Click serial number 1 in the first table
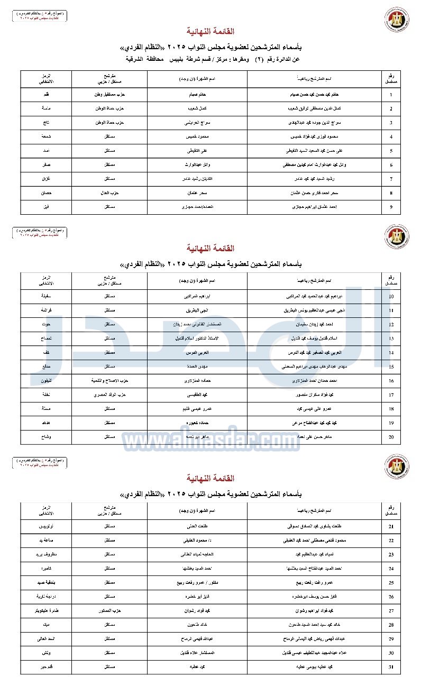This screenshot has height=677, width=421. tap(391, 95)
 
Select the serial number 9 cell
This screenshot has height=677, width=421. tap(391, 206)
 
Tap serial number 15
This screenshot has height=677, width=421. tap(391, 366)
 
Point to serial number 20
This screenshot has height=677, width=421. tap(391, 436)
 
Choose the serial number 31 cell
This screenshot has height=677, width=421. tap(391, 666)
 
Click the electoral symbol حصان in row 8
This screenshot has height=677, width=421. tap(46, 193)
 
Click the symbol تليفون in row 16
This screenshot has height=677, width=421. tap(46, 380)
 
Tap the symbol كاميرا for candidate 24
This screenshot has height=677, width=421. tap(46, 569)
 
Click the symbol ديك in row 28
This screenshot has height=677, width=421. tap(46, 624)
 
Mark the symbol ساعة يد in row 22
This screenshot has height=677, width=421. tap(46, 541)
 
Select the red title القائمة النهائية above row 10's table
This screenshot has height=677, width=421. tap(211, 248)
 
